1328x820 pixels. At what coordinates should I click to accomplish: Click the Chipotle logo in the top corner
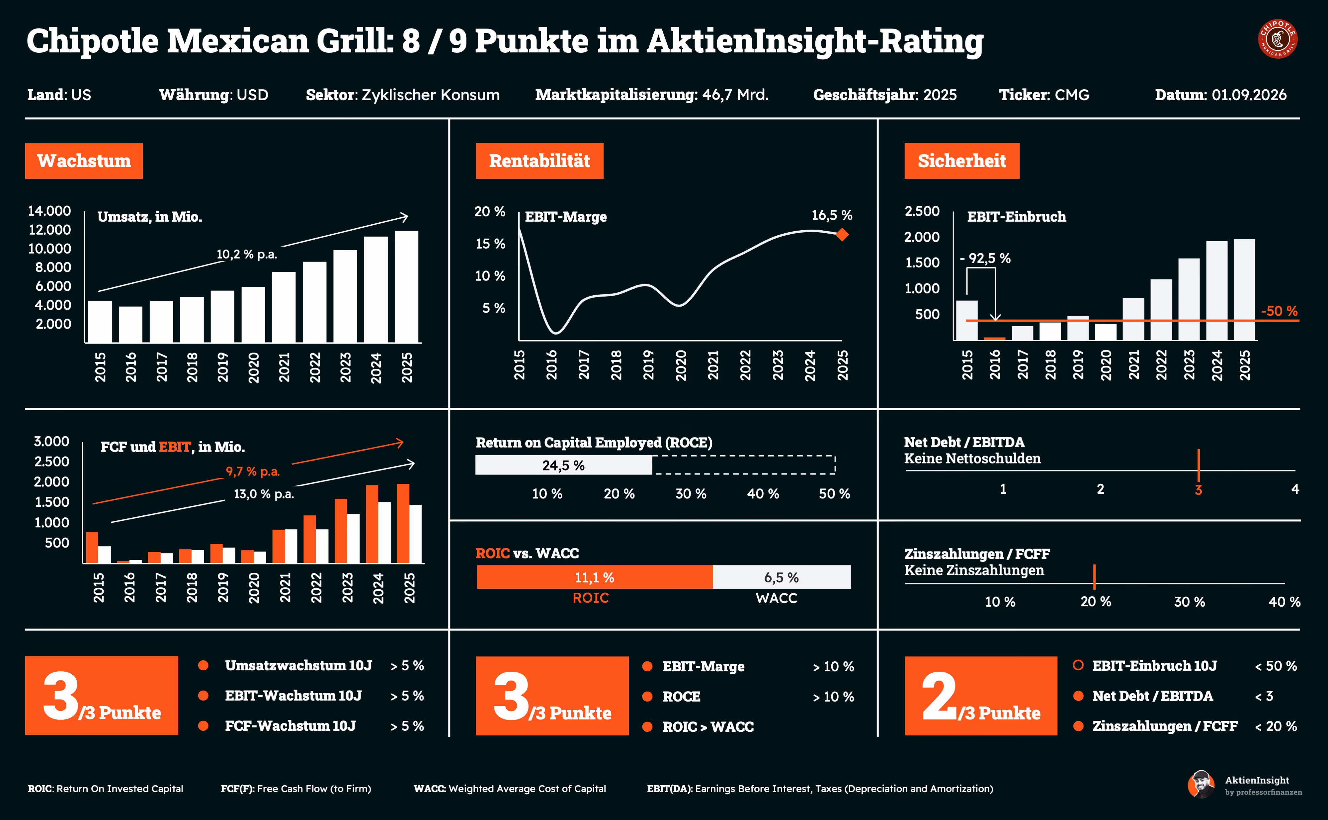tap(1278, 39)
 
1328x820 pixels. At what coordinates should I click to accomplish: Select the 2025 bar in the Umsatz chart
tap(406, 287)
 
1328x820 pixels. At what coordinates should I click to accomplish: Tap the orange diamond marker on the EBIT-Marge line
tap(842, 235)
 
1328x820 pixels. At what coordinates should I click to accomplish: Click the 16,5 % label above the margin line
tap(832, 215)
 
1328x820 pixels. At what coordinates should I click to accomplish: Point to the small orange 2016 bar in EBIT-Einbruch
tap(994, 339)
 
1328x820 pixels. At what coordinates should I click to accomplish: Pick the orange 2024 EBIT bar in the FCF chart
tap(372, 524)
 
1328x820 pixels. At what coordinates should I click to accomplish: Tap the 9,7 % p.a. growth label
tap(253, 471)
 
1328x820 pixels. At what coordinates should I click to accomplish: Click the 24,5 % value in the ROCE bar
tap(564, 465)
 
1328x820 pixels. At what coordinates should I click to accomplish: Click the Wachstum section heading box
tap(84, 161)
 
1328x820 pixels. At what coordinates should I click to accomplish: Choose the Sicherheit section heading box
tap(962, 161)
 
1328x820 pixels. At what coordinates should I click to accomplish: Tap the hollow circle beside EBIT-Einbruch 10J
tap(1078, 665)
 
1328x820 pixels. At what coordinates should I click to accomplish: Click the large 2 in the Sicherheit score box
tap(939, 696)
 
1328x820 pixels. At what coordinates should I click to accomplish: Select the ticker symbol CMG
tap(1072, 95)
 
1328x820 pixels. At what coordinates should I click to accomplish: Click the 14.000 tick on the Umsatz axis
tap(49, 211)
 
